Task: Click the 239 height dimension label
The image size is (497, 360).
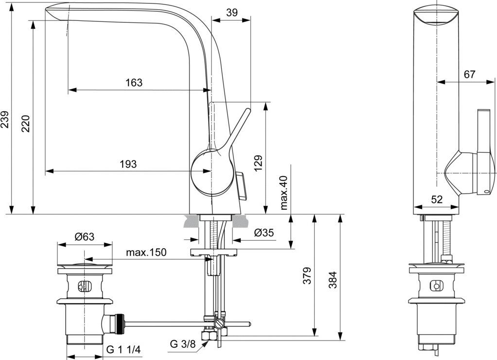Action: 5,120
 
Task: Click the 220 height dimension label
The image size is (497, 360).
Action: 26,124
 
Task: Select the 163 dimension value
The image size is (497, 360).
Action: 134,83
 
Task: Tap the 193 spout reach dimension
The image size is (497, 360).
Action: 128,164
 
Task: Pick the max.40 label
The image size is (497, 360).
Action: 284,193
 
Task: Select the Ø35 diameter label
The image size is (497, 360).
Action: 264,233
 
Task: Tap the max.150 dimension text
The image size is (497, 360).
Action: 146,252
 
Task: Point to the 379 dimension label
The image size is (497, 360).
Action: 307,276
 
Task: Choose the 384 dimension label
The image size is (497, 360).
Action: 332,279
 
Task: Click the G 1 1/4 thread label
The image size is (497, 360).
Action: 124,350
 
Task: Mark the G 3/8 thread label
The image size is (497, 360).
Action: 182,344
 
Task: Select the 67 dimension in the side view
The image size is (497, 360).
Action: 469,74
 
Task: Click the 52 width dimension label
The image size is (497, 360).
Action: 437,199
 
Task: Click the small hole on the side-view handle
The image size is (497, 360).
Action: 488,191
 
